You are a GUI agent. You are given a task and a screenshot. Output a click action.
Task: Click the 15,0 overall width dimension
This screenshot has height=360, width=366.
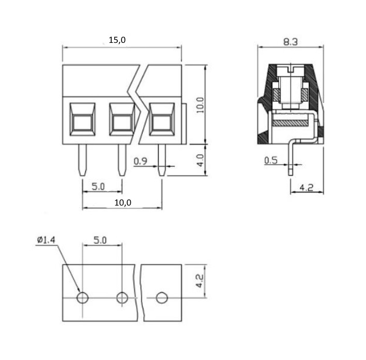coord(117,40)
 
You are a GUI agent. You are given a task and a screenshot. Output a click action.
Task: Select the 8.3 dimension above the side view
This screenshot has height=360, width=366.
coord(291,42)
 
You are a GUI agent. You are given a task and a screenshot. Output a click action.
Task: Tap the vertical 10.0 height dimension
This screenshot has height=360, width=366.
coord(200,105)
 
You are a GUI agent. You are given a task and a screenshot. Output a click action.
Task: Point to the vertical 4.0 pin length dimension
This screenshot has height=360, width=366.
coord(200,160)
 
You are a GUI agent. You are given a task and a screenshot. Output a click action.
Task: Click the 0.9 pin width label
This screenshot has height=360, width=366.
coord(141,161)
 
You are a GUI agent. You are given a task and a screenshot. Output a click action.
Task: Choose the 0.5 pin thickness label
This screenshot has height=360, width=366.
coord(271,161)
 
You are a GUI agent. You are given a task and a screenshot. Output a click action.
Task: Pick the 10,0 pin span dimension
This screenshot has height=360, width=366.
coord(123,202)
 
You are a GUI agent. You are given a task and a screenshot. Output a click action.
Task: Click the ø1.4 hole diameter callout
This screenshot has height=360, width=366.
coord(46,240)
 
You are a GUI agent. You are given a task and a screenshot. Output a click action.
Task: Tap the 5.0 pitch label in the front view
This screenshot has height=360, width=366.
coord(98,186)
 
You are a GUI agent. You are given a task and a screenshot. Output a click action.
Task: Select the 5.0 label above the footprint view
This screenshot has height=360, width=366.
coord(100,240)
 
